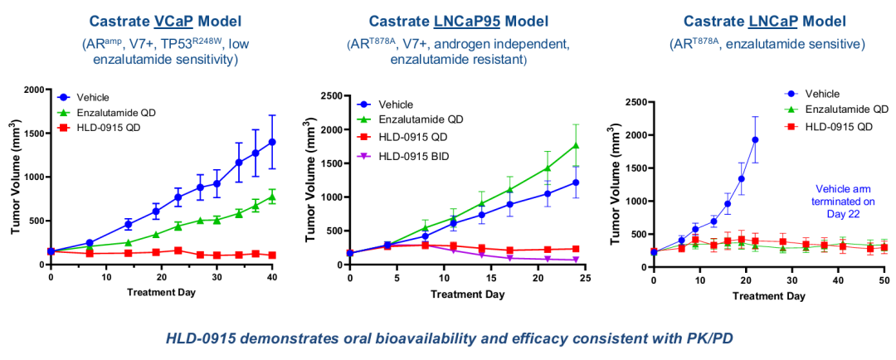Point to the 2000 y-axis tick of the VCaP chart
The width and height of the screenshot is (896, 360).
click(x=32, y=90)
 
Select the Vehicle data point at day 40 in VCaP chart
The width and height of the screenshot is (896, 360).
click(x=272, y=142)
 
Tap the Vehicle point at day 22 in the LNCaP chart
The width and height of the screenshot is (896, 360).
click(x=755, y=139)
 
